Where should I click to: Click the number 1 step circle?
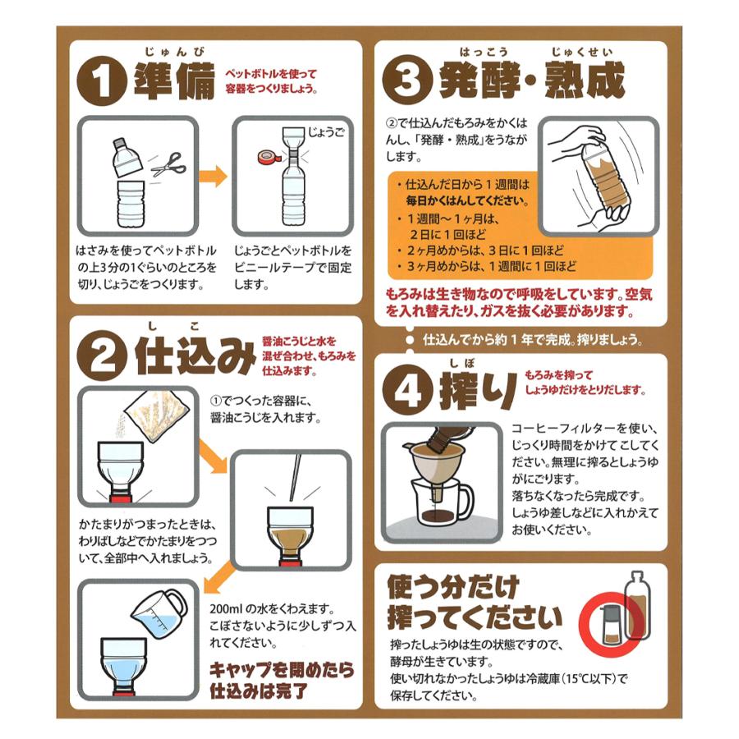click(101, 81)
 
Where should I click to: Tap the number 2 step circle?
click(101, 356)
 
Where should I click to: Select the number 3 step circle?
click(407, 79)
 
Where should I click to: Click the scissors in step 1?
click(168, 164)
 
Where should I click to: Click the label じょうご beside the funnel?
click(326, 132)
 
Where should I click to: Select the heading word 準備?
click(174, 81)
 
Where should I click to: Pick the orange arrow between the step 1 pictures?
click(213, 176)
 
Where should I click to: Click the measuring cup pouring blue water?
click(158, 613)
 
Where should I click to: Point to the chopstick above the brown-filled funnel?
click(295, 477)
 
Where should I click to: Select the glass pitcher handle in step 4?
click(466, 501)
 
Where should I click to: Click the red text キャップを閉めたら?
click(282, 670)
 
